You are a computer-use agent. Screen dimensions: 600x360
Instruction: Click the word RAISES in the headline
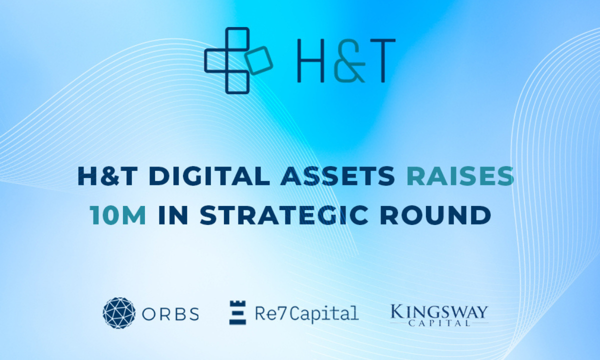point(460,176)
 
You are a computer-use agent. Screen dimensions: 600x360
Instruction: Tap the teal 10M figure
point(118,215)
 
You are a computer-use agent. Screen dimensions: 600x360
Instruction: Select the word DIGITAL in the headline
point(209,176)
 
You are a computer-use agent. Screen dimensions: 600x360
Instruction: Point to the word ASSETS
point(337,176)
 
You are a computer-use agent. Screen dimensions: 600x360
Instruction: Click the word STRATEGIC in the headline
point(284,215)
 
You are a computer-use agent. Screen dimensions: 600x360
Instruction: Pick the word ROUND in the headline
point(435,215)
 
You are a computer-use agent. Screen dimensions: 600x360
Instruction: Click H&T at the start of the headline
point(107,176)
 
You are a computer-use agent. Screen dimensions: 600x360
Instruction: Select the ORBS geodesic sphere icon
point(119,313)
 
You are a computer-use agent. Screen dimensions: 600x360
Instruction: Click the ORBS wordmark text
point(170,313)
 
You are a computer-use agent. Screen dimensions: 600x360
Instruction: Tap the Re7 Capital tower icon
point(237,312)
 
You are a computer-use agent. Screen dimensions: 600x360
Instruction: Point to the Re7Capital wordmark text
point(307,313)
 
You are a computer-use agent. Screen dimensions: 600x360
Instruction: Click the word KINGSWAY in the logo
point(439,312)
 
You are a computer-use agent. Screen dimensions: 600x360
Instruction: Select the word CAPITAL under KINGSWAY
point(439,323)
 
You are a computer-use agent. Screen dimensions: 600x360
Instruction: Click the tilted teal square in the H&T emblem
point(259,60)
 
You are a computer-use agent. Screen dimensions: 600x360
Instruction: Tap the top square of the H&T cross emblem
point(237,39)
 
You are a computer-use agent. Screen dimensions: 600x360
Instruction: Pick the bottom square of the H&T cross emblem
point(237,82)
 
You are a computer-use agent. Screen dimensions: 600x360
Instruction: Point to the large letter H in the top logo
point(311,60)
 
